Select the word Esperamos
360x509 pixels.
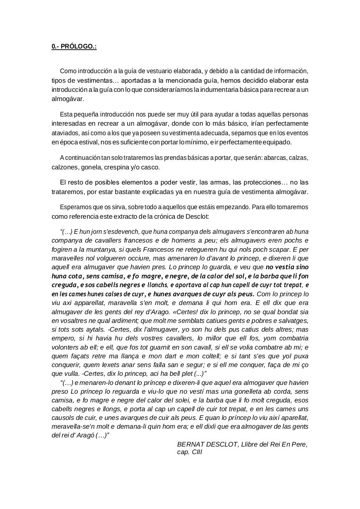coord(74,207)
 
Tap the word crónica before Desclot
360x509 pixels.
coord(171,216)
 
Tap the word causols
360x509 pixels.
coord(62,418)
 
